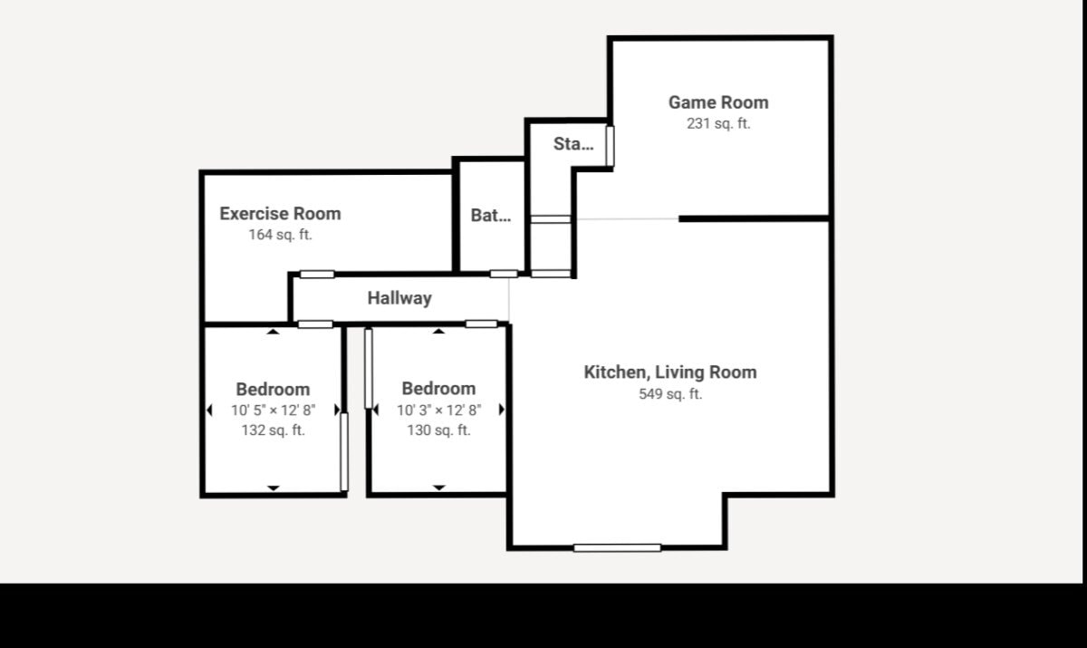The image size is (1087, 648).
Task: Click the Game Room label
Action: pyautogui.click(x=718, y=102)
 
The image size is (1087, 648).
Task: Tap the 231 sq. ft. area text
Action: pyautogui.click(x=718, y=124)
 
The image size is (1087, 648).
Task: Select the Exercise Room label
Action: pyautogui.click(x=280, y=214)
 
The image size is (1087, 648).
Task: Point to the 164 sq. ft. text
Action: pyautogui.click(x=280, y=235)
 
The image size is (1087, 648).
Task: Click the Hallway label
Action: pyautogui.click(x=399, y=298)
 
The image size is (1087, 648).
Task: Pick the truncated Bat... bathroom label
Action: pyautogui.click(x=491, y=216)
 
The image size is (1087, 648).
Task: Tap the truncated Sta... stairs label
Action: pyautogui.click(x=573, y=144)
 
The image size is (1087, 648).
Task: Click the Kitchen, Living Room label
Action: pyautogui.click(x=670, y=372)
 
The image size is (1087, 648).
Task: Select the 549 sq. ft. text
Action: pyautogui.click(x=670, y=394)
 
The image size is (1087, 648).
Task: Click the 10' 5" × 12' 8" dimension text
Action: pyautogui.click(x=274, y=411)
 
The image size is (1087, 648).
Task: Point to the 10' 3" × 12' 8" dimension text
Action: pyautogui.click(x=438, y=411)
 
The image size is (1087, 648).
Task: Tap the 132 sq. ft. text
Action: pyautogui.click(x=274, y=430)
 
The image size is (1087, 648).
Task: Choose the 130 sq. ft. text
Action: pyautogui.click(x=438, y=430)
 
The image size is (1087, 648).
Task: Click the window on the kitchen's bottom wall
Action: pyautogui.click(x=617, y=548)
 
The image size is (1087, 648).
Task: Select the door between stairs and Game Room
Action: pyautogui.click(x=610, y=146)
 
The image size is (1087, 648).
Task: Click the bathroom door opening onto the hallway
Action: pyautogui.click(x=504, y=274)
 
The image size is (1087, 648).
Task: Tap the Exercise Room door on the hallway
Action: pyautogui.click(x=317, y=275)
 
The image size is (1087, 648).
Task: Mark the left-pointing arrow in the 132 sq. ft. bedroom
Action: pyautogui.click(x=209, y=411)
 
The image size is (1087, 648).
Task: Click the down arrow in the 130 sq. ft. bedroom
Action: pyautogui.click(x=438, y=488)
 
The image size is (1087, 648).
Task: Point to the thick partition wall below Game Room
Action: pyautogui.click(x=754, y=219)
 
